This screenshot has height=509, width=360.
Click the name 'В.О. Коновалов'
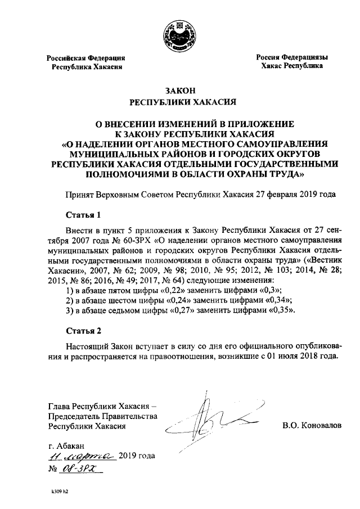pos(312,426)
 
